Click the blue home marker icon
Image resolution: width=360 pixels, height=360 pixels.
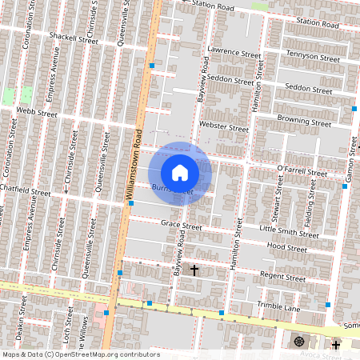(180, 172)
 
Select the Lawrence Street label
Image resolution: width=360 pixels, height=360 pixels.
(234, 53)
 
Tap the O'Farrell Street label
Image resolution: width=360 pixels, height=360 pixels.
(302, 171)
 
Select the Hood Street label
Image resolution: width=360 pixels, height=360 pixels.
(287, 248)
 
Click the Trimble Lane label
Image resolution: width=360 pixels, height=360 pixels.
(278, 307)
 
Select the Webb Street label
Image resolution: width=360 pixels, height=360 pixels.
(37, 114)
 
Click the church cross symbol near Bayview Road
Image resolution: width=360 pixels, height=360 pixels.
(194, 270)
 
